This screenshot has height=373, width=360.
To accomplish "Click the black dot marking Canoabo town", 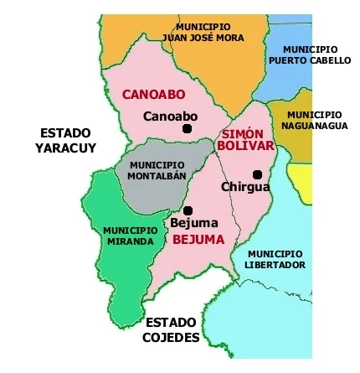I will pos(188,128).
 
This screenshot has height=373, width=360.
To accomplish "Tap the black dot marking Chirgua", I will pos(257,174).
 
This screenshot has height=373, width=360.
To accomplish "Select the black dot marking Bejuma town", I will pos(188,210).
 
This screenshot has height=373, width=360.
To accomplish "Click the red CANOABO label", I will pos(154,95).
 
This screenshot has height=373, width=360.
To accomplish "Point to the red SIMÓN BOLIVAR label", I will pos(244,140).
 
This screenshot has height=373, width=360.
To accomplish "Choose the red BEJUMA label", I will pos(198,239).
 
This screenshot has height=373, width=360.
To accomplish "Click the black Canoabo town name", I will pos(171,116).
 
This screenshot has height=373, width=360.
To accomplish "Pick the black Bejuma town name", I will pos(193,224).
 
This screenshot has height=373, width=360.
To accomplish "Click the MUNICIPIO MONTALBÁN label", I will pos(157,171).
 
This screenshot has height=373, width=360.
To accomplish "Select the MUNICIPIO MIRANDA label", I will pos(130,236).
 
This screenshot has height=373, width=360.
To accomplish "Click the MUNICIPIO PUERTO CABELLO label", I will pos(310,55).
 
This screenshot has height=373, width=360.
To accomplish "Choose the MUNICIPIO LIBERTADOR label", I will pos(275,258).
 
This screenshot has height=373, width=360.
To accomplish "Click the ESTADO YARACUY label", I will pos(65,140).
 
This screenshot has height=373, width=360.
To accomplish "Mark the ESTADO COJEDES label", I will pos(171,329).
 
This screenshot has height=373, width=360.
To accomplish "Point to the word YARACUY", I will pos(65,148).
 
